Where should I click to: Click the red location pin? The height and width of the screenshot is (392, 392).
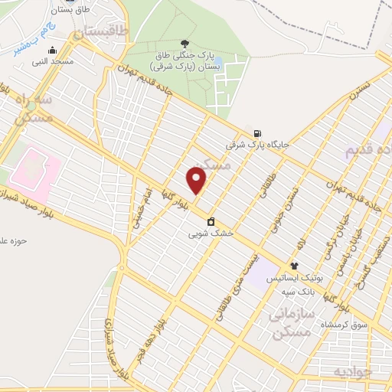(197, 179)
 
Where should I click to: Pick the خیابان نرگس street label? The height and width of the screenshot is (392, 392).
(339, 222)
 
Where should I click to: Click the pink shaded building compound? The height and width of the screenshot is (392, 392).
(33, 171)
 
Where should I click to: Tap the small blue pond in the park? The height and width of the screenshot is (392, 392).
(217, 60)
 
